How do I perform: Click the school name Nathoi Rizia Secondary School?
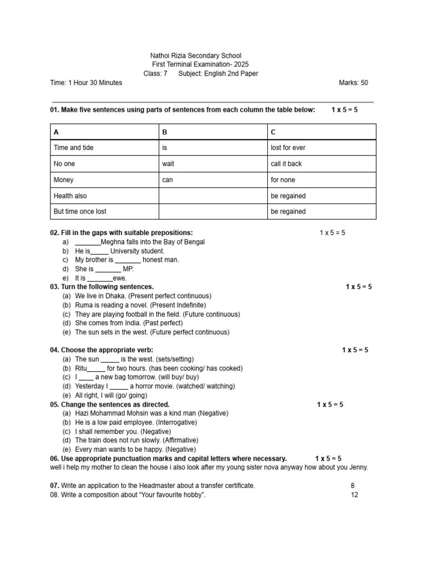[196, 56]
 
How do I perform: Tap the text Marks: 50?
[353, 83]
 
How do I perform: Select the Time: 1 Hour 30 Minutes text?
[86, 83]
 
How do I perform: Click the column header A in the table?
[56, 132]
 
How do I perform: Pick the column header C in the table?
[273, 132]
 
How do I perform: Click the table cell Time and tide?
[73, 148]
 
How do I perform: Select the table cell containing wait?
[168, 164]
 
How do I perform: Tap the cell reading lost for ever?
[288, 148]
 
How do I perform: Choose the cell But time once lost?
[80, 212]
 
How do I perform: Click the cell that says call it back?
[286, 164]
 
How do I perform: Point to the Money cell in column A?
[63, 180]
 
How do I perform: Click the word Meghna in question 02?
[114, 242]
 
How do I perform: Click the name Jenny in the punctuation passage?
[358, 467]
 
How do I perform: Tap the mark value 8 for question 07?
[353, 486]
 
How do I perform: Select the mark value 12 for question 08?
[354, 495]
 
